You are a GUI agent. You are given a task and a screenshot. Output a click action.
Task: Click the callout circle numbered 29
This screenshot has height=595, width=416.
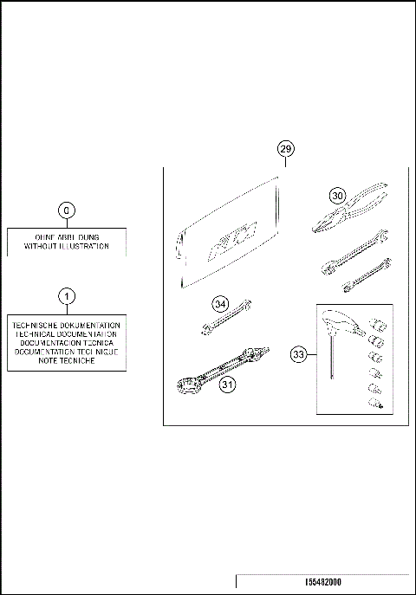(287, 150)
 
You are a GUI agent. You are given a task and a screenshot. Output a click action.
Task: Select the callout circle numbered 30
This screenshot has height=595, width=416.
(336, 195)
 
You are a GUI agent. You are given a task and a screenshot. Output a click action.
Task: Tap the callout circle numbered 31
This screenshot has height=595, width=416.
(228, 387)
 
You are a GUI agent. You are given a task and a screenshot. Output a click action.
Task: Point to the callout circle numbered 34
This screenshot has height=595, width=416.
(221, 304)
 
